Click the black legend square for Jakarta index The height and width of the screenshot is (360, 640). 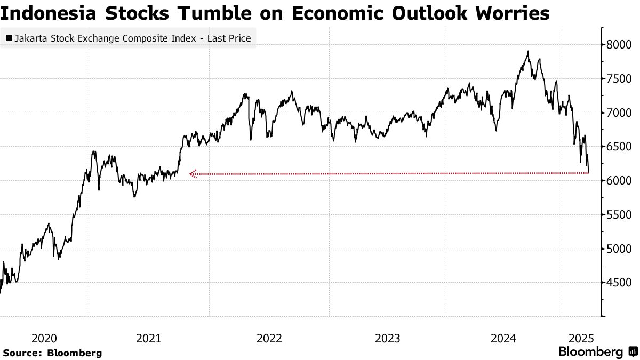[9, 38]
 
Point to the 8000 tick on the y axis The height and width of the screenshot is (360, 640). [619, 45]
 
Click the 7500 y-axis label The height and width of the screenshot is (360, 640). [619, 79]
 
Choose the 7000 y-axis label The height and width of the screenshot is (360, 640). [619, 113]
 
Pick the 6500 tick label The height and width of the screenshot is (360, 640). [619, 147]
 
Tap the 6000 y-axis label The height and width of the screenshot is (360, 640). [619, 181]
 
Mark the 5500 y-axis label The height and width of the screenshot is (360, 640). [619, 215]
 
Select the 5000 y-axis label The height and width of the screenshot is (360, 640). [619, 249]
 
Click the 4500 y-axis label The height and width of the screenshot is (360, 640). [619, 283]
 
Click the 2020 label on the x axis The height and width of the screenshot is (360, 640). [44, 338]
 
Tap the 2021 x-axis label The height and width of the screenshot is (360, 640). [149, 338]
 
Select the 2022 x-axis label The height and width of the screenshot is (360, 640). [269, 338]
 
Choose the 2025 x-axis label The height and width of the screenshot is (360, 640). [581, 338]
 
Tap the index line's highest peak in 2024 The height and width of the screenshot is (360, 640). [527, 52]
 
